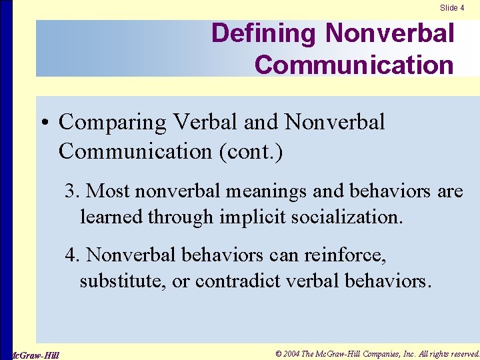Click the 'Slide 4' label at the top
(452, 8)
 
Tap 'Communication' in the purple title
(353, 65)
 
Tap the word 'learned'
(111, 216)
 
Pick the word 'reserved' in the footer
(461, 353)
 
